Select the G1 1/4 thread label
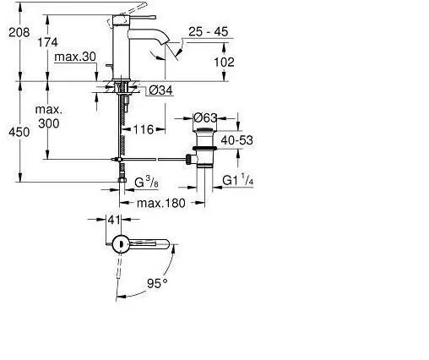239,179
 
